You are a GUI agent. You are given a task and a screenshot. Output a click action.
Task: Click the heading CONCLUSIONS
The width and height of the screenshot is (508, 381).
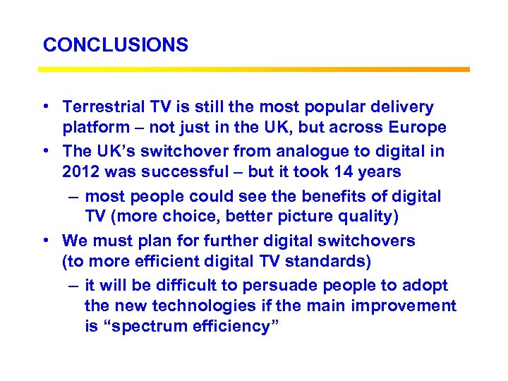(116, 45)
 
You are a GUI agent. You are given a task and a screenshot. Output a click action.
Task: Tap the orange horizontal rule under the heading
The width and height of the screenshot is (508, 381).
(253, 69)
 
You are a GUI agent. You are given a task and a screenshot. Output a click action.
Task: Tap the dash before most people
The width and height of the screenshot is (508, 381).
(73, 196)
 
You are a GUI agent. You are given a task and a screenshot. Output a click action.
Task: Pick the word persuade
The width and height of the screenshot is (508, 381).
(279, 285)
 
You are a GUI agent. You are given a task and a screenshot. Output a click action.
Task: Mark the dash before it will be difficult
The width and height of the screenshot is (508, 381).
(73, 285)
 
